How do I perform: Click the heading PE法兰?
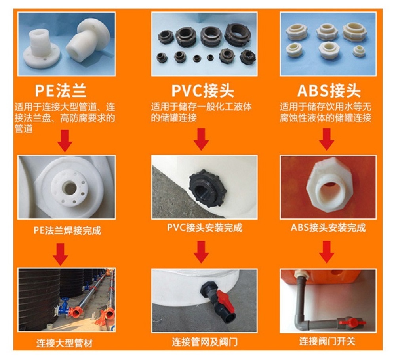(61, 90)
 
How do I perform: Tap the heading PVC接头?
(203, 90)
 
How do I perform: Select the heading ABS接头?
(329, 90)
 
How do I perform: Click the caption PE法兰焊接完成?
(67, 230)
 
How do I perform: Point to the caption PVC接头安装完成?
(205, 228)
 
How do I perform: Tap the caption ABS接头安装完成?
(328, 228)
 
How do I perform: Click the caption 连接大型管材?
(65, 343)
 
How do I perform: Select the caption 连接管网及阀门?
(205, 342)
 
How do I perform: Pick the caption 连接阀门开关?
(327, 341)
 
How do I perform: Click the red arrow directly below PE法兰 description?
(65, 141)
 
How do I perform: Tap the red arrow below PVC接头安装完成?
(201, 252)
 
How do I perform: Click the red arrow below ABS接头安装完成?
(327, 252)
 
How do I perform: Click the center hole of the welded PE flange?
(69, 188)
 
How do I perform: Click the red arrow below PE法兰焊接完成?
(61, 254)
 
